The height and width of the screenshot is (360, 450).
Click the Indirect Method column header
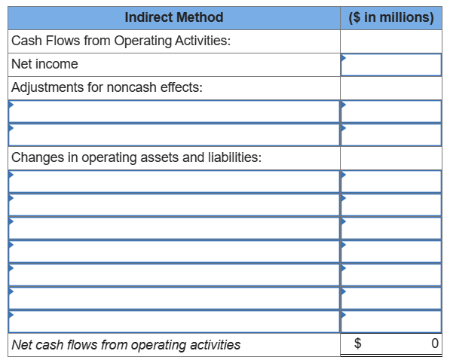(173, 17)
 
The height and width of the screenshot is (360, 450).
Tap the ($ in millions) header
(392, 17)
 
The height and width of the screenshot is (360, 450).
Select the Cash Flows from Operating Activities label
(121, 40)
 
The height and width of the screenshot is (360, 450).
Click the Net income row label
(45, 64)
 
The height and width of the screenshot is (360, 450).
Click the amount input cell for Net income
(391, 65)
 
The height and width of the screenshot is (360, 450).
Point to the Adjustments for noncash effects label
(107, 87)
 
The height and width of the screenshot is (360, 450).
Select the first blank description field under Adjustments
(174, 111)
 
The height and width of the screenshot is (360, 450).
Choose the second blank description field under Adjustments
(174, 134)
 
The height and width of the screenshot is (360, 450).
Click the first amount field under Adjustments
(391, 111)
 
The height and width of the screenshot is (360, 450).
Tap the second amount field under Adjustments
(391, 134)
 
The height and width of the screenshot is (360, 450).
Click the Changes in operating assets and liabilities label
(136, 157)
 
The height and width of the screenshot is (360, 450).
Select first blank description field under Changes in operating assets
(174, 182)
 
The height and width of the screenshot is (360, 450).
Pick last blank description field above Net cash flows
(174, 321)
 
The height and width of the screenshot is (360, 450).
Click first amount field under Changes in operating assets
(391, 182)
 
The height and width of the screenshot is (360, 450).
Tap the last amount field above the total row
(391, 321)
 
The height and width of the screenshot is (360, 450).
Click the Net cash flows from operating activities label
(127, 345)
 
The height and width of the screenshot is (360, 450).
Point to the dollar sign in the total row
(358, 345)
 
